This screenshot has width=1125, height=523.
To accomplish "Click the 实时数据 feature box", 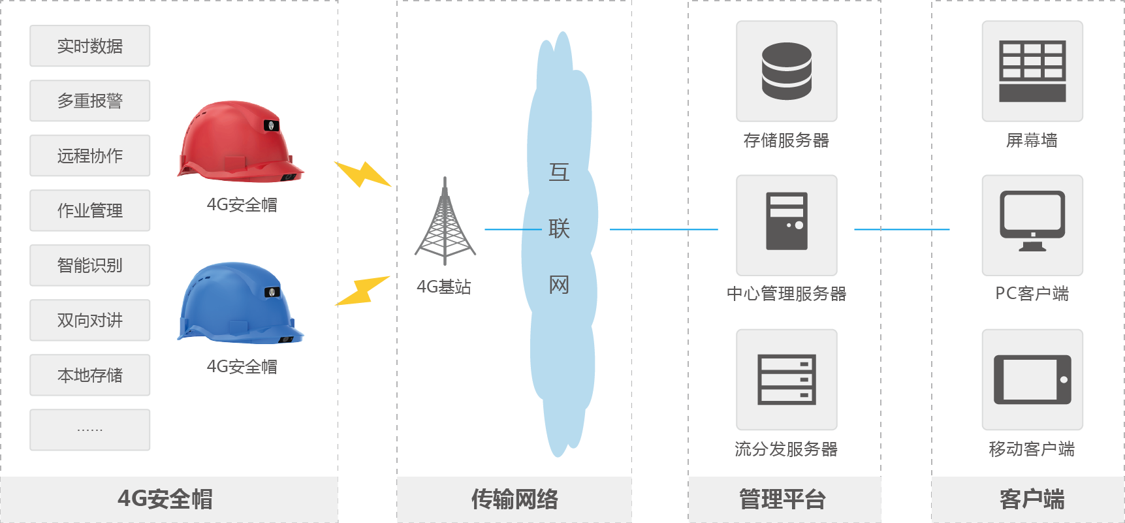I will (x=90, y=46).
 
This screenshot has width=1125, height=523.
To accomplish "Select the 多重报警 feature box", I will (x=90, y=101).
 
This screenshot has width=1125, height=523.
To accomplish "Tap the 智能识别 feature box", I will (x=90, y=266).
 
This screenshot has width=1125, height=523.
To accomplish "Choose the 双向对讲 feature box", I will (x=90, y=321).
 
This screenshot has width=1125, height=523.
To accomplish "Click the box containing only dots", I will (x=90, y=430).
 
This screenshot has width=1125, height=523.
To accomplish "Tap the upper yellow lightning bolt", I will (x=362, y=174).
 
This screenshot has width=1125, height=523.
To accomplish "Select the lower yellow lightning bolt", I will (x=362, y=291).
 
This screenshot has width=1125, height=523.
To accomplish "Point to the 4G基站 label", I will (x=444, y=287).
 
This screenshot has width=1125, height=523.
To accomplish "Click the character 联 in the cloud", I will (x=559, y=229).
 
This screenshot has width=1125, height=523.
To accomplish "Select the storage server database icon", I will (x=786, y=71).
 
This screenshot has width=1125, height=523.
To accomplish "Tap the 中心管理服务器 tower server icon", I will (x=786, y=221).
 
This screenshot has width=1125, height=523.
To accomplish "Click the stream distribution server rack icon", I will (x=786, y=379).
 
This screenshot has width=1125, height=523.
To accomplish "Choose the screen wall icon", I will (x=1032, y=71).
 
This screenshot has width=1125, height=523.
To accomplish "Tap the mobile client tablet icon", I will (x=1032, y=379).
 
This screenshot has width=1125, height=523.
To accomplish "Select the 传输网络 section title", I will (x=515, y=499).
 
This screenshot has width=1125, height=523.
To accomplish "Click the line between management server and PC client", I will (x=902, y=229).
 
